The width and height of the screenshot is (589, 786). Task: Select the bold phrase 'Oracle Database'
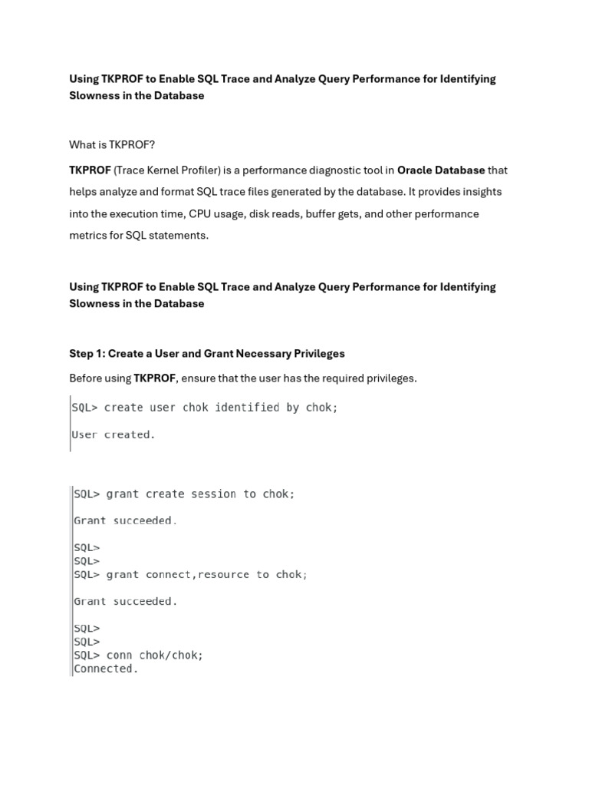(x=441, y=170)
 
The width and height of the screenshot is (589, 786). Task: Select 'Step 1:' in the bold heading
(x=87, y=354)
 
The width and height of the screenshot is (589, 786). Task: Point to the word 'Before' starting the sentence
(x=86, y=378)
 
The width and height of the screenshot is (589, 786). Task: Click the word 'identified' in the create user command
(x=247, y=408)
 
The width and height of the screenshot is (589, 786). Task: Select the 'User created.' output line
(x=113, y=434)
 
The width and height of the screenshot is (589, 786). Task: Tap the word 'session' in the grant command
(x=214, y=494)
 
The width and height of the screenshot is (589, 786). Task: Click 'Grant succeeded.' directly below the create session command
(x=125, y=520)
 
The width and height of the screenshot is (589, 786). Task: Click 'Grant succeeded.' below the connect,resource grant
(x=125, y=601)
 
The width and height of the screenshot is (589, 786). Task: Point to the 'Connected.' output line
(x=106, y=669)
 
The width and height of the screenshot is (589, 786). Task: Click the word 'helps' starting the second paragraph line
(x=82, y=192)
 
